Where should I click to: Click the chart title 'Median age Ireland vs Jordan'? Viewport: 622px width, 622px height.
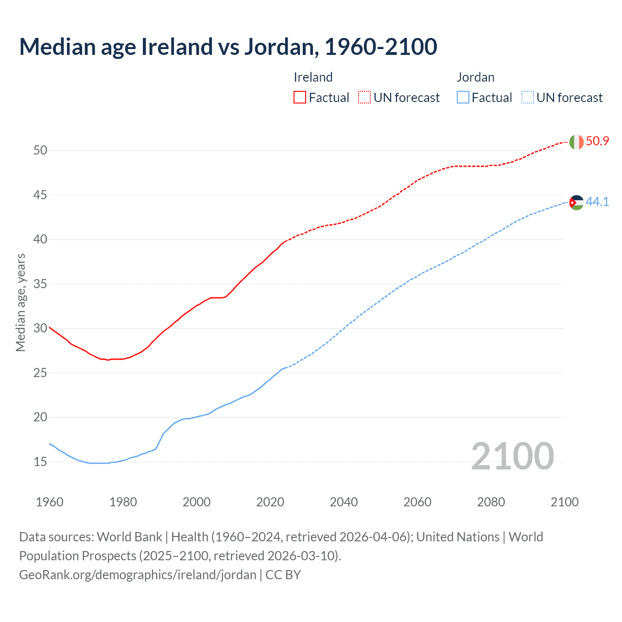tap(228, 47)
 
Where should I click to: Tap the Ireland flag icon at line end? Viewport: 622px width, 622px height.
tap(576, 142)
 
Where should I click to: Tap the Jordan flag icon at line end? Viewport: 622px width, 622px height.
tap(576, 203)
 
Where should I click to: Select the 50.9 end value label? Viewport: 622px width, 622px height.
tap(597, 141)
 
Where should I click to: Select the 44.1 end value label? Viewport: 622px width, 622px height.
tap(597, 202)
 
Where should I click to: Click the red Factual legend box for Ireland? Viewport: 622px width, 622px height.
tap(300, 97)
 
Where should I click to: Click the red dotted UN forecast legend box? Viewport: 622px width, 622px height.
tap(364, 97)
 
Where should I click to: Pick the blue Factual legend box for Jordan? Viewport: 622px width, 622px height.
tap(463, 97)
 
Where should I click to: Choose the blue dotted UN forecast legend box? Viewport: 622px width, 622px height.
tap(528, 97)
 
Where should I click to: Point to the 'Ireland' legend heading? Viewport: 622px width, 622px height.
tap(313, 77)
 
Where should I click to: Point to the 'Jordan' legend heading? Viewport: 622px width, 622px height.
tap(475, 77)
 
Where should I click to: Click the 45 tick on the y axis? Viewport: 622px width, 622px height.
tap(40, 195)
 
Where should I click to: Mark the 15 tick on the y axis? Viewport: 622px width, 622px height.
tap(40, 462)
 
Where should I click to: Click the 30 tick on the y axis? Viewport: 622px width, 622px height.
tap(40, 328)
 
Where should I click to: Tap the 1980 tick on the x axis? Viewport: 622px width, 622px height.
tap(123, 502)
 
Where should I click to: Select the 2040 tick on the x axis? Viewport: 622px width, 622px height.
tap(344, 502)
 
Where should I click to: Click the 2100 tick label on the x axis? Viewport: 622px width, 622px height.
tap(564, 502)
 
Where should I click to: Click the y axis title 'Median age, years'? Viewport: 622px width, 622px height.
tap(20, 302)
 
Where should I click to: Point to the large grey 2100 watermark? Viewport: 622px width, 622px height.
tap(512, 456)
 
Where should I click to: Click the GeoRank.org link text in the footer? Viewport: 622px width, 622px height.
tap(138, 575)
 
